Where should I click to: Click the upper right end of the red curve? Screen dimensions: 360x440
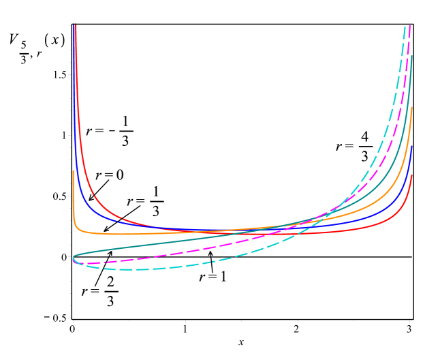(412, 175)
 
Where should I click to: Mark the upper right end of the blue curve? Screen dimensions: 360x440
(412, 146)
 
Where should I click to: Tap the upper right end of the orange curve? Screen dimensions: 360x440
(412, 107)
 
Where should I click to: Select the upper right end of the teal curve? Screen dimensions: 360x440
(412, 56)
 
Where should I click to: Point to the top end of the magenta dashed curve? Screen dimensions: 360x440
(410, 26)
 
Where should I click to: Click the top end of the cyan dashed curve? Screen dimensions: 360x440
(405, 27)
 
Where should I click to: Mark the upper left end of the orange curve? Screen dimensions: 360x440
(74, 171)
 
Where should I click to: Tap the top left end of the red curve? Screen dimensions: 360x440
(76, 25)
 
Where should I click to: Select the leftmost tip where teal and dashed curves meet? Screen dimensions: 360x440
(73, 258)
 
